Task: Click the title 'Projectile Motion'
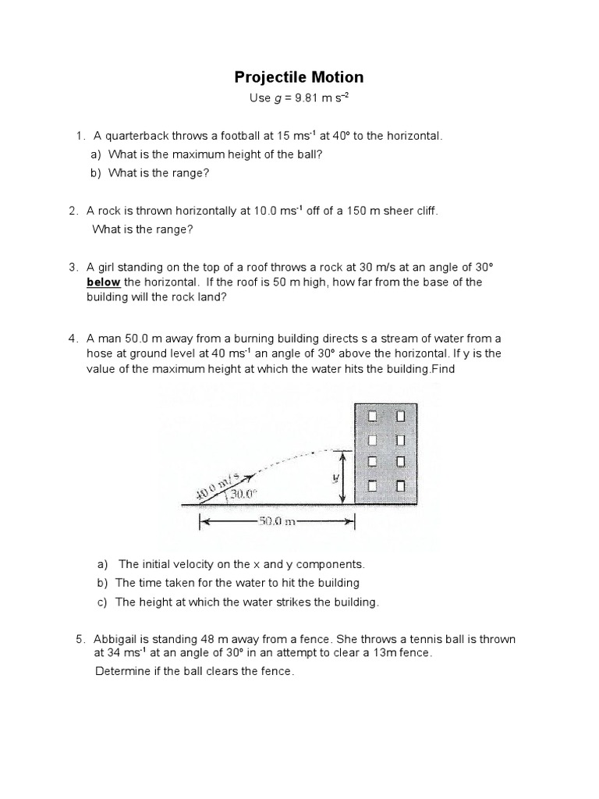(x=299, y=76)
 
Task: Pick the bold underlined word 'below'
(x=103, y=282)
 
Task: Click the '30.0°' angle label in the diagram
(x=243, y=495)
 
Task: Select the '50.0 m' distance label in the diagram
(x=276, y=522)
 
